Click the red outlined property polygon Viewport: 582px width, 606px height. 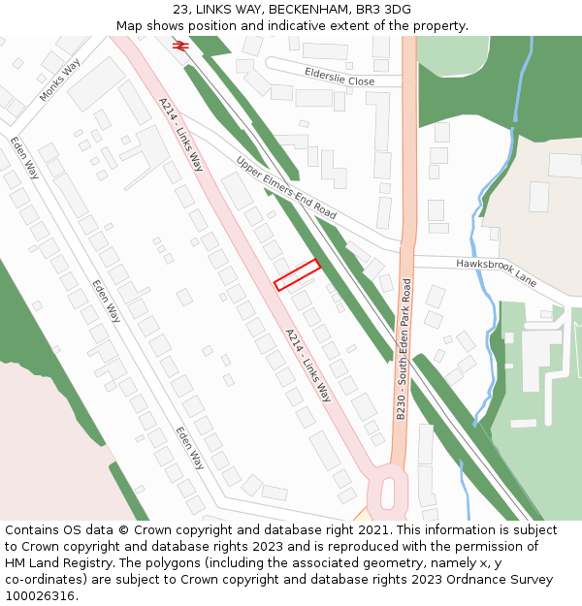tap(297, 274)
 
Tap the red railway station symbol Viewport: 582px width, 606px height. tap(179, 45)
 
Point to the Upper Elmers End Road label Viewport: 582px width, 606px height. tap(286, 187)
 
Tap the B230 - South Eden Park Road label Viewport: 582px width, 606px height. tap(404, 349)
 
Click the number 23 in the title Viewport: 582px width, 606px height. tap(181, 9)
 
